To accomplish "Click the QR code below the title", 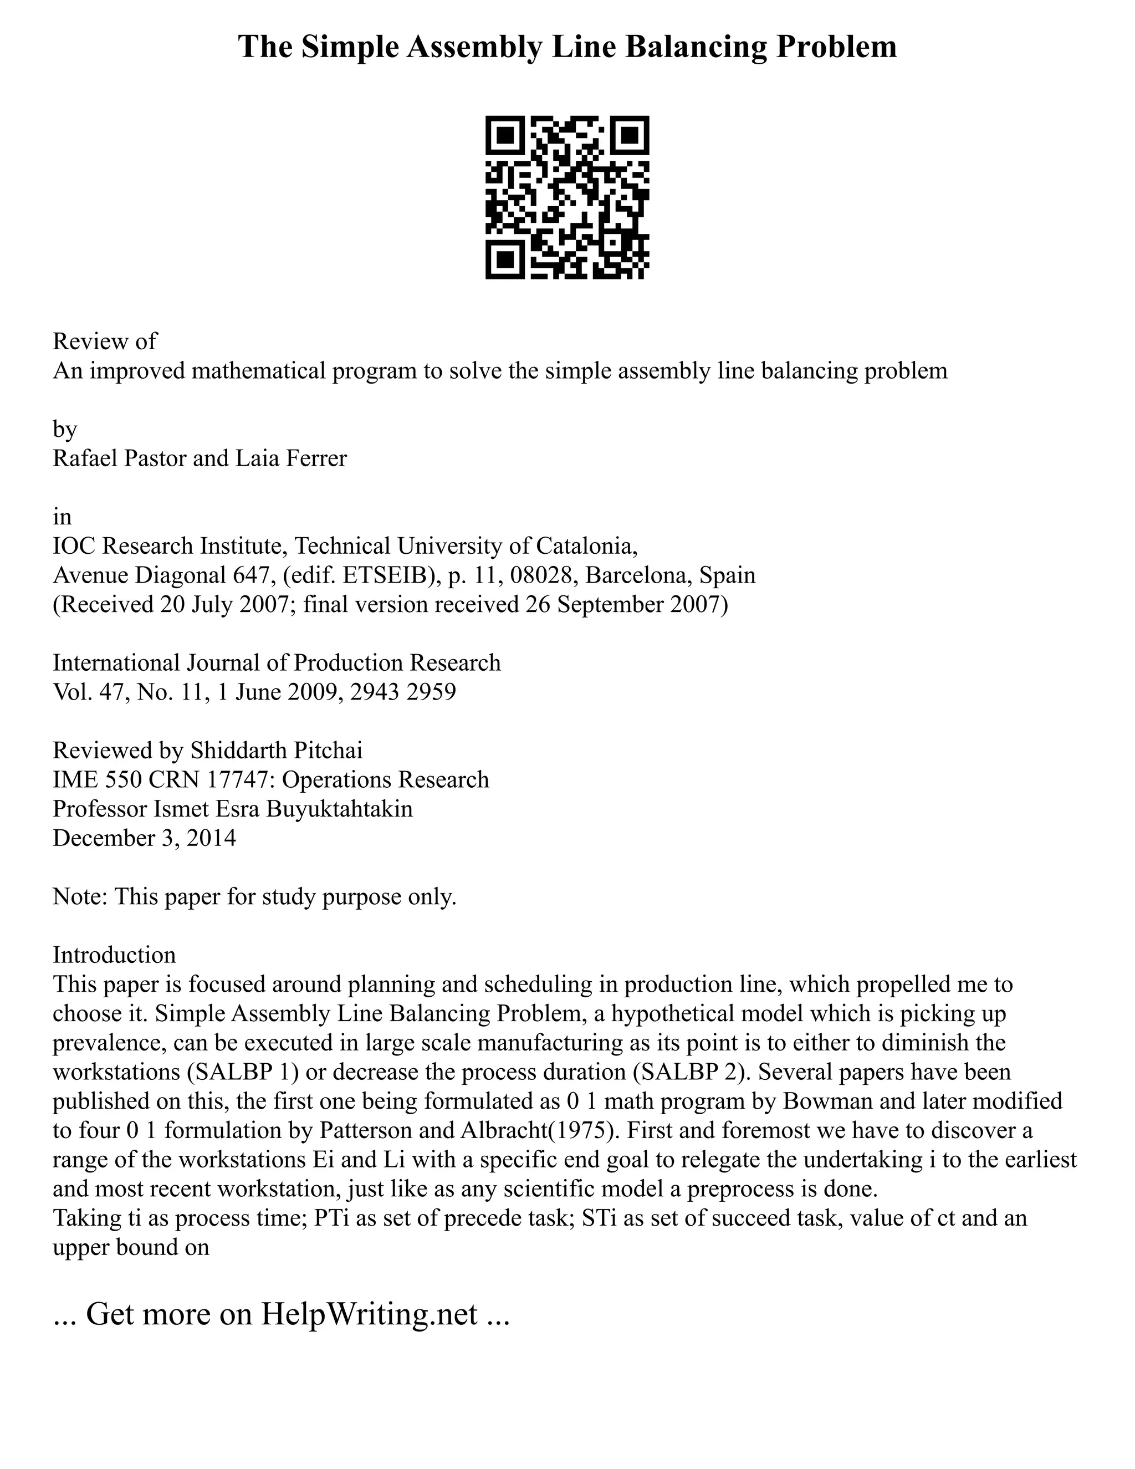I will click(x=567, y=197).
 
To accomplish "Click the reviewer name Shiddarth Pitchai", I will click(x=277, y=750).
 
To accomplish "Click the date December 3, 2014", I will click(x=145, y=838).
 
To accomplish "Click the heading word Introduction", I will click(x=114, y=955).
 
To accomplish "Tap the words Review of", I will click(x=104, y=341).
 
